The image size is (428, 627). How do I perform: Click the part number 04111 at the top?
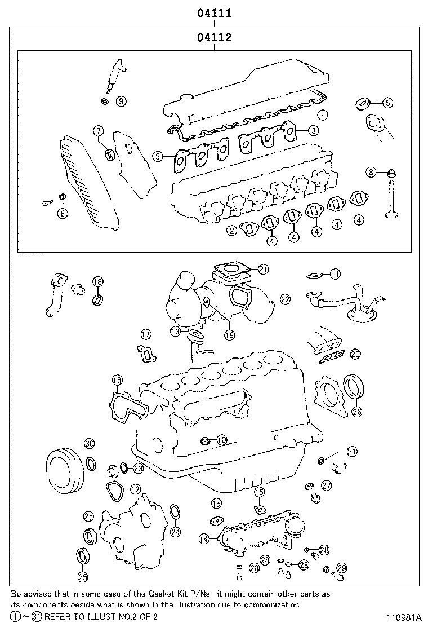(215, 12)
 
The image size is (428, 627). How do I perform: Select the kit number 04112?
(215, 38)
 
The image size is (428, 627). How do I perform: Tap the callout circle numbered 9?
(122, 101)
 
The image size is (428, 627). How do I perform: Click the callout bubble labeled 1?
(322, 114)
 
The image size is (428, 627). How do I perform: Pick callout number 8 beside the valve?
(370, 171)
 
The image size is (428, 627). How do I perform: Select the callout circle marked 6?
(62, 213)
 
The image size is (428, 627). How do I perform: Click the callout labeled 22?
(285, 299)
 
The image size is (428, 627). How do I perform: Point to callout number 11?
(335, 274)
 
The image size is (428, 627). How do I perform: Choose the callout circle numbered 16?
(117, 380)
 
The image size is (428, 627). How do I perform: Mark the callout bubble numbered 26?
(356, 411)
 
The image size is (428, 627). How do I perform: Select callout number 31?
(351, 451)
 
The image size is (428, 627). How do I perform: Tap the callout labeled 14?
(203, 539)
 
